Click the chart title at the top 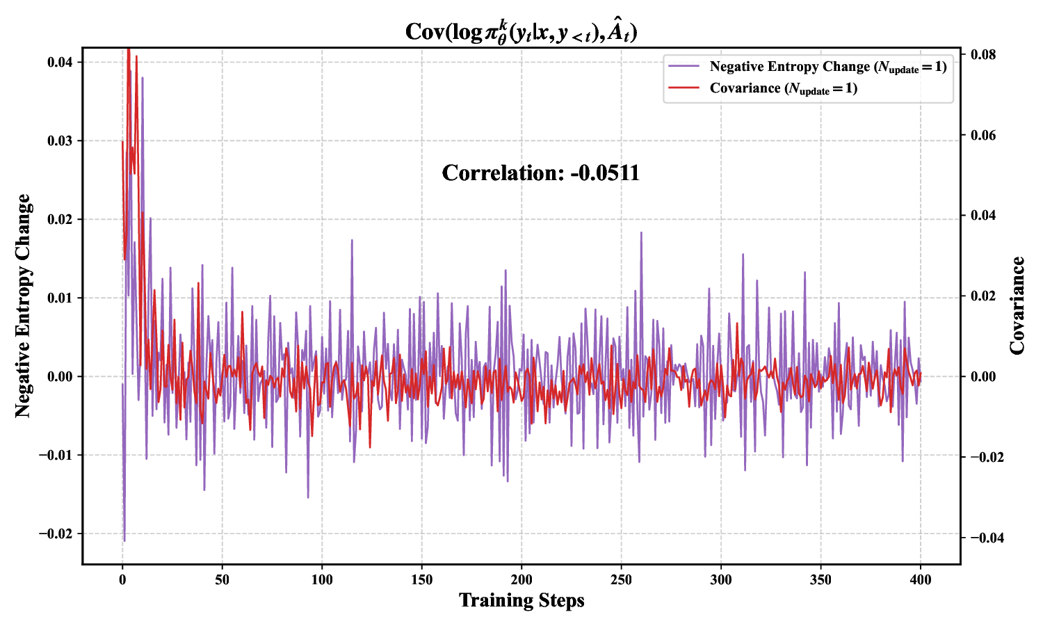tap(521, 32)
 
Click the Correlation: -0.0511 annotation tap(540, 173)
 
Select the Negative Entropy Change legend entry tap(827, 67)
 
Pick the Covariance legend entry tap(783, 88)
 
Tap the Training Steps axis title tap(521, 600)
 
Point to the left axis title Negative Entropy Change tap(24, 306)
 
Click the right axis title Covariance tap(1017, 306)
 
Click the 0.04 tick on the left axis tap(60, 63)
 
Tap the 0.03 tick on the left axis tap(60, 141)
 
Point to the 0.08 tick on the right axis tap(983, 55)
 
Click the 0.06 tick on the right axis tap(983, 135)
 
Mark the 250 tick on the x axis tap(621, 580)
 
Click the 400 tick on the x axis tap(921, 580)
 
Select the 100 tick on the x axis tap(322, 580)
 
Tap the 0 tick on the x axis tap(122, 580)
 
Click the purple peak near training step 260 tap(641, 233)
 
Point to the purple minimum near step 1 tap(124, 540)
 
